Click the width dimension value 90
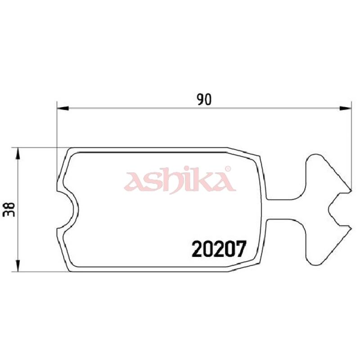204,99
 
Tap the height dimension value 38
10,210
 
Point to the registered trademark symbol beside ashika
228,170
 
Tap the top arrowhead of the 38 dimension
18,153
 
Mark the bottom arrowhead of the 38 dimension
18,266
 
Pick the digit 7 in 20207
239,249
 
